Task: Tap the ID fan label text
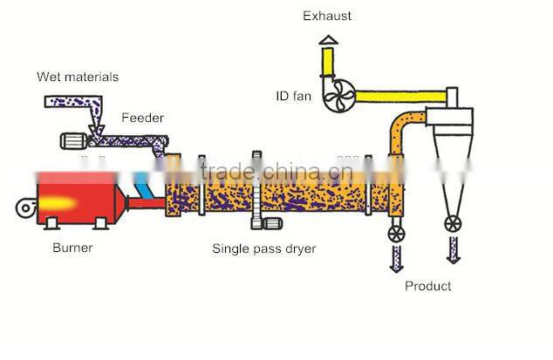tap(295, 95)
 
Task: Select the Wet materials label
tap(77, 77)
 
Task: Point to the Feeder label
tap(142, 118)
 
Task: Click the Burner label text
tap(72, 248)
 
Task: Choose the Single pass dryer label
tap(263, 248)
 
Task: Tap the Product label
tap(427, 286)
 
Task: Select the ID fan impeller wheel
tap(338, 96)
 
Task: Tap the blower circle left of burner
tap(24, 208)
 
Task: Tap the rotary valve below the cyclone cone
tap(454, 223)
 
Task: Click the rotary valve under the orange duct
tap(397, 233)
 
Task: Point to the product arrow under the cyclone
tap(454, 251)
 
